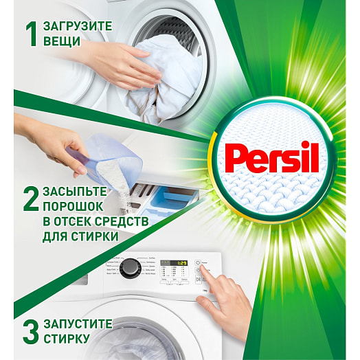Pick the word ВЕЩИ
pos(60,42)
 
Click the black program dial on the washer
pos(129,268)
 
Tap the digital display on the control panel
pos(175,263)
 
